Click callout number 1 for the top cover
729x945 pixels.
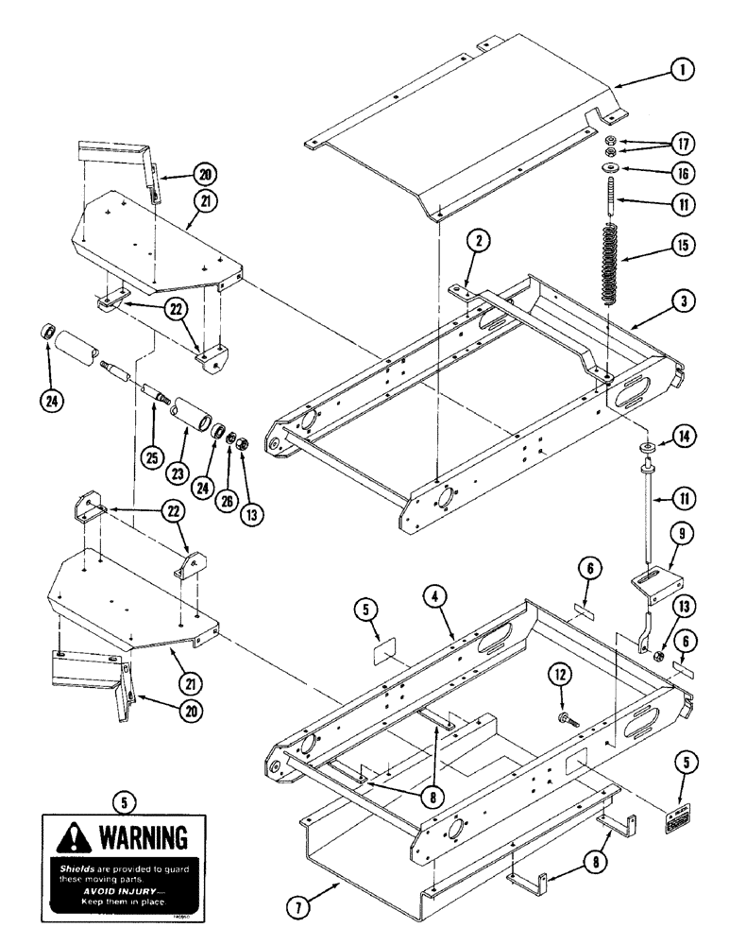[x=684, y=69]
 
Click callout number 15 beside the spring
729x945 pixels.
[x=684, y=244]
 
